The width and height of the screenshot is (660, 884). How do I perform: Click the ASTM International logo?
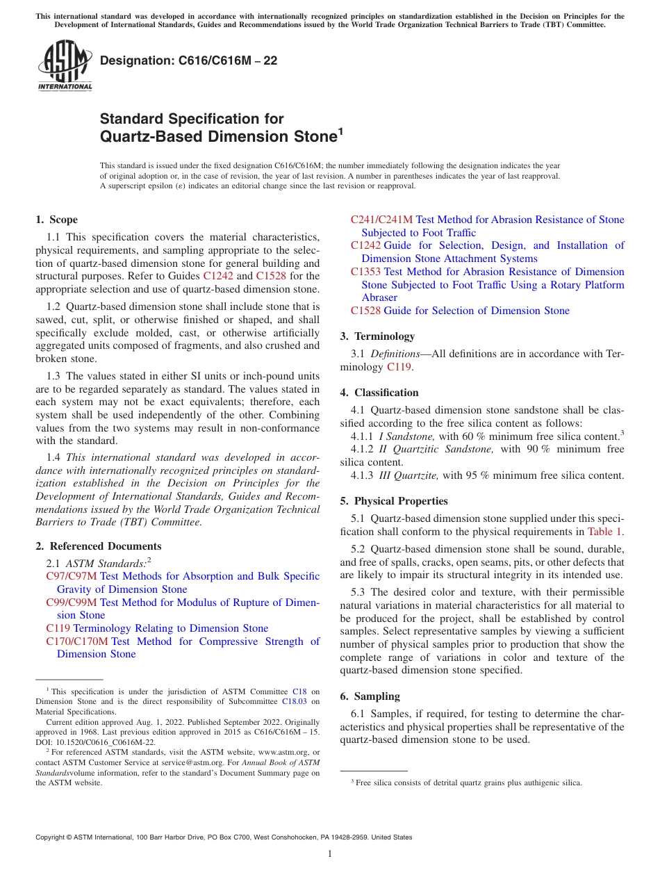[65, 66]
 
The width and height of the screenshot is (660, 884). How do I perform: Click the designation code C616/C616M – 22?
[189, 60]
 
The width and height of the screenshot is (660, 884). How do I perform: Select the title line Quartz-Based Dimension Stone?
[219, 137]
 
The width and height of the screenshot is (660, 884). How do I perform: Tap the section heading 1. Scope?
[56, 220]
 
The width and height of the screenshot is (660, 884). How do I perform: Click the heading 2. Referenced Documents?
[99, 546]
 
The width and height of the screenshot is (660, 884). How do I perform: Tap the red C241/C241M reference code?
[381, 220]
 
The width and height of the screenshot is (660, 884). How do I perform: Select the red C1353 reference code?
[365, 272]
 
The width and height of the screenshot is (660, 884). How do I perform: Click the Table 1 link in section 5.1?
[604, 532]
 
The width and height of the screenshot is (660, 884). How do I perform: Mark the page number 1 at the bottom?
[330, 854]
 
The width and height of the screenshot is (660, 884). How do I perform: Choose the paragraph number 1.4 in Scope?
[53, 457]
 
